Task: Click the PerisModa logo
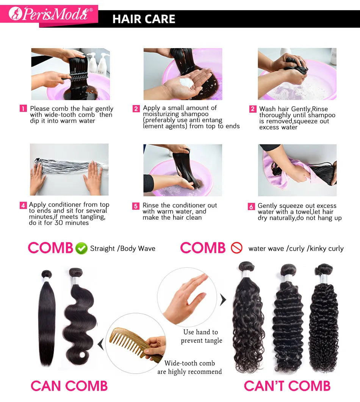[51, 14]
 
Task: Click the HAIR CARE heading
[144, 19]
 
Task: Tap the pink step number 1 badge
[23, 108]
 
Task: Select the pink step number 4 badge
[23, 205]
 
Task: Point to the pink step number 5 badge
[136, 206]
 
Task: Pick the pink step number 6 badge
[251, 206]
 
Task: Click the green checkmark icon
[81, 248]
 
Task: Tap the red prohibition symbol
[236, 248]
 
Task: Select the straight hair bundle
[47, 317]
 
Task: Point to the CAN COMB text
[69, 386]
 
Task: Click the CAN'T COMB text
[287, 386]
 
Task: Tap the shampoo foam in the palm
[186, 83]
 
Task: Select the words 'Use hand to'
[200, 332]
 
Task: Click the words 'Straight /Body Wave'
[123, 248]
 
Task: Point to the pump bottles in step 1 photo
[97, 63]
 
